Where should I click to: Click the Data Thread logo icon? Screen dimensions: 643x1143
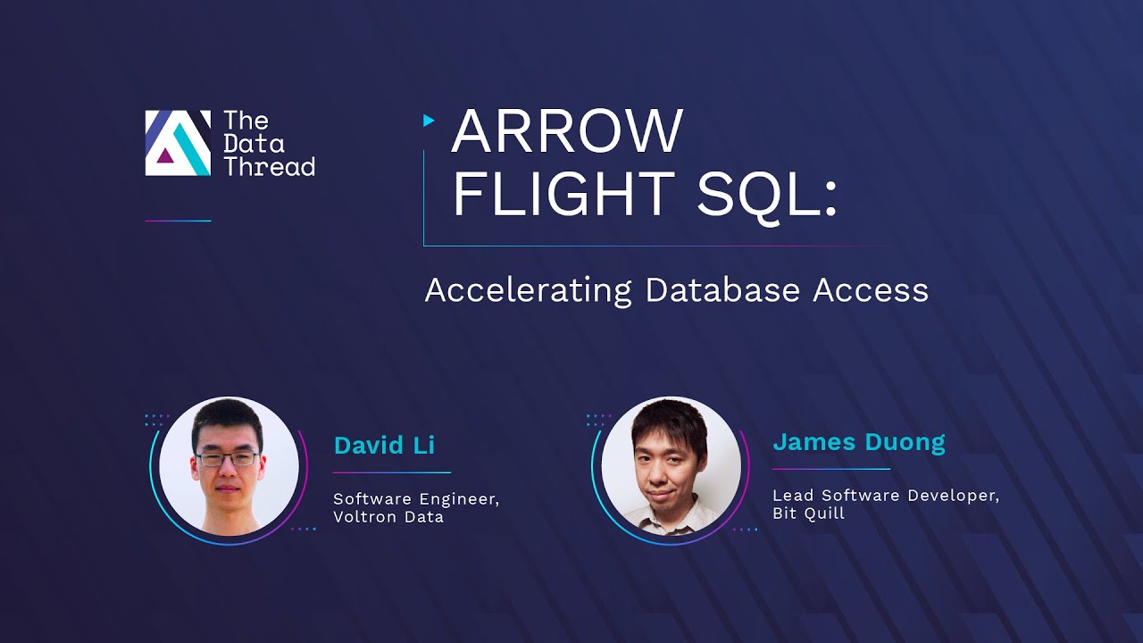click(x=178, y=143)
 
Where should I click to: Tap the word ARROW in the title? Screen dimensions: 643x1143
click(x=567, y=130)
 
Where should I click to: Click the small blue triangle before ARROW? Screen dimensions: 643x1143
click(x=430, y=120)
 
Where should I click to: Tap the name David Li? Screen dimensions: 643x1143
click(x=384, y=446)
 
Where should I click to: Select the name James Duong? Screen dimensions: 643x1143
click(x=858, y=442)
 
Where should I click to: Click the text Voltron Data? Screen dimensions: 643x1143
click(x=388, y=517)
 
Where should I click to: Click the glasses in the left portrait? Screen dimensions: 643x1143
click(x=228, y=459)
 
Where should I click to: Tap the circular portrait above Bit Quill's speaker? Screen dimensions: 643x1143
click(x=671, y=466)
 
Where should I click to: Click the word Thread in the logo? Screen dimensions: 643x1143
click(x=269, y=166)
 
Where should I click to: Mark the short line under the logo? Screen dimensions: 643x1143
click(x=178, y=221)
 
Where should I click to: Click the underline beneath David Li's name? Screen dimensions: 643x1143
click(x=392, y=472)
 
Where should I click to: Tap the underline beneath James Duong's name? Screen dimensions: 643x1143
click(x=830, y=469)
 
